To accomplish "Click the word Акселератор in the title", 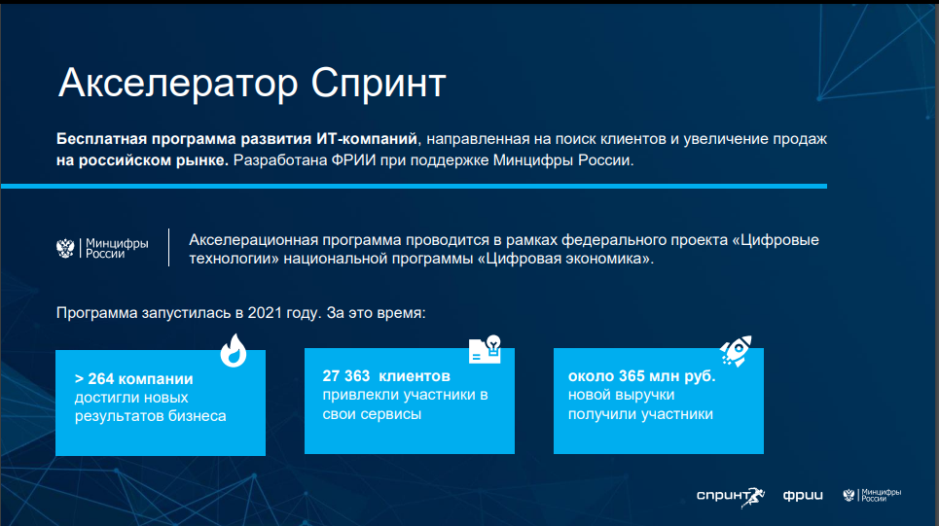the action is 178,83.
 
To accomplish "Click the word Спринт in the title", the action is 379,84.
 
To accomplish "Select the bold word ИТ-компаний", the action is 367,139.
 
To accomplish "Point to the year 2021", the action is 266,313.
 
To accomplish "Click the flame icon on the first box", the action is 234,350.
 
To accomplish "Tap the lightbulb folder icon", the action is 486,349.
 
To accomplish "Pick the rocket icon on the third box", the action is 736,351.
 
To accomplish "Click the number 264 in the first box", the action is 100,379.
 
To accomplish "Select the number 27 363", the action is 346,376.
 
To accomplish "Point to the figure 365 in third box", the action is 632,376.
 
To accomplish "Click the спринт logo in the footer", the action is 731,496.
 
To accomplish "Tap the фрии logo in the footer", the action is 803,496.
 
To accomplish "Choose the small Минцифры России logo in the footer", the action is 872,495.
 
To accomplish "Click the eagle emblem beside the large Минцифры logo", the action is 65,248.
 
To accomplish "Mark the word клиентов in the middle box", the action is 415,376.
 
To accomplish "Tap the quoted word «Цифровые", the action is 776,240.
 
